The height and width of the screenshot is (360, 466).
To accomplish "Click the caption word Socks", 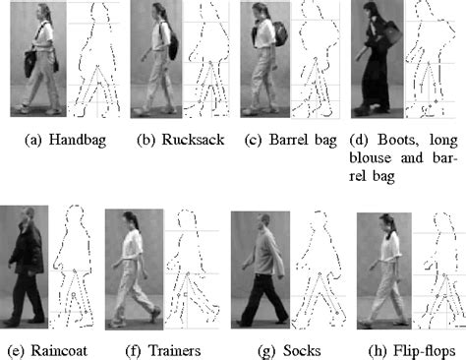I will [292, 349].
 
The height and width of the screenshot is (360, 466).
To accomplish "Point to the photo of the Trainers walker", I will [134, 267].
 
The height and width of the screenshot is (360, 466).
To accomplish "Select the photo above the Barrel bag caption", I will [265, 59].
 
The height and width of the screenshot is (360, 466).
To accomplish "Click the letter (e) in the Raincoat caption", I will [15, 349].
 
